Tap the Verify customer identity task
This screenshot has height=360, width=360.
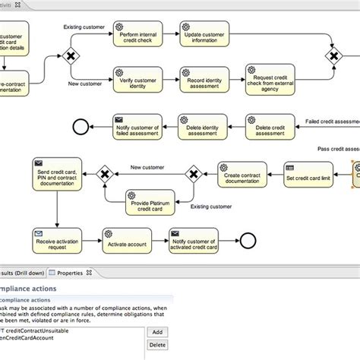point(139,79)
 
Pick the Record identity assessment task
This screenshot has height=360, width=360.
point(204,79)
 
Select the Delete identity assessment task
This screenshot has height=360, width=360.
point(204,126)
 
